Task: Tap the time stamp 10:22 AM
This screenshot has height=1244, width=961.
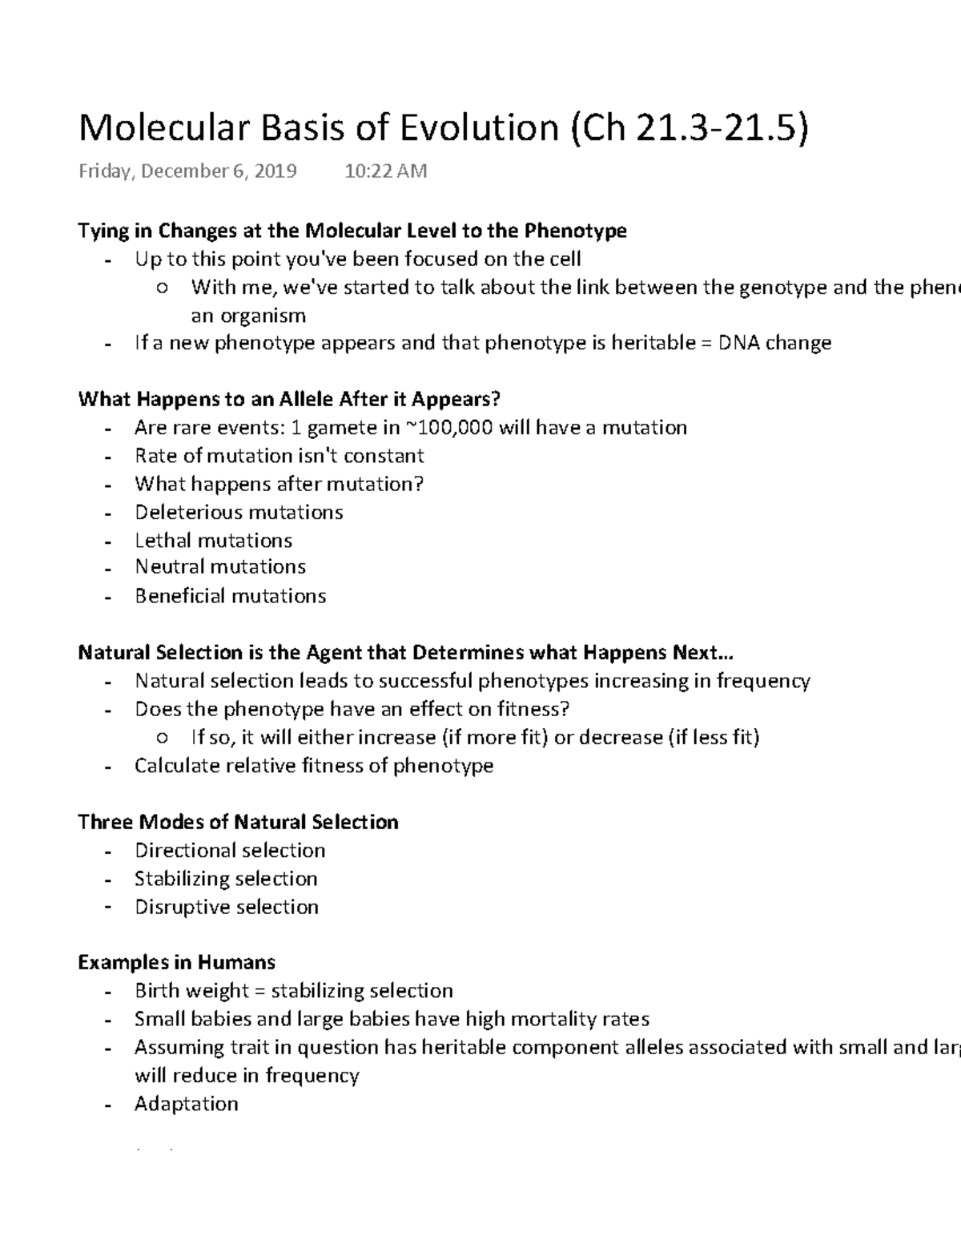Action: point(385,171)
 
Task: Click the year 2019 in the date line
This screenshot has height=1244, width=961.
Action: point(275,171)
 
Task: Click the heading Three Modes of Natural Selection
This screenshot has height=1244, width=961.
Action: point(238,822)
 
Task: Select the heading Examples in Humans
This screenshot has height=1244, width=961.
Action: point(176,962)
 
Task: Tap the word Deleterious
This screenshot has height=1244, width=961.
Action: point(187,512)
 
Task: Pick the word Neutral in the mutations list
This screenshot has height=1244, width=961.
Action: point(169,567)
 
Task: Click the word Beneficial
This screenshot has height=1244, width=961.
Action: point(179,596)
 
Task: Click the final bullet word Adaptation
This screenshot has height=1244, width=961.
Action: point(186,1104)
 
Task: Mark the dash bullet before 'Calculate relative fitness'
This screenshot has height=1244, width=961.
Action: point(107,767)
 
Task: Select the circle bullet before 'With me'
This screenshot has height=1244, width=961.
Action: point(163,288)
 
